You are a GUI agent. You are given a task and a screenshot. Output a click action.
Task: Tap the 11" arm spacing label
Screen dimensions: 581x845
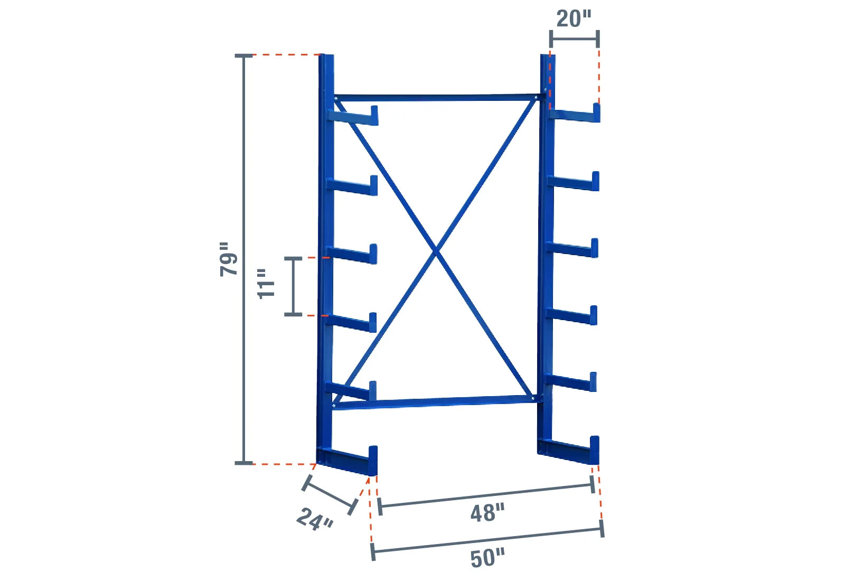tap(267, 284)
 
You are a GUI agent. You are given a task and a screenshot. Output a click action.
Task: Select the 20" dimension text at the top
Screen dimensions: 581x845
tap(574, 19)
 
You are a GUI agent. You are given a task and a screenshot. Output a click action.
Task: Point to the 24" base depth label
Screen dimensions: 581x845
tap(315, 519)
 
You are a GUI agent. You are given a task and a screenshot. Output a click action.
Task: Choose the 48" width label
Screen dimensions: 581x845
tap(487, 513)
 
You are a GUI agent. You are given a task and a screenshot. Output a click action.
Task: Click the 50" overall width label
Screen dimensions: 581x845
tap(487, 558)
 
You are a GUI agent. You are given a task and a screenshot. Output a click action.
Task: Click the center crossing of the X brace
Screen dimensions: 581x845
tap(436, 251)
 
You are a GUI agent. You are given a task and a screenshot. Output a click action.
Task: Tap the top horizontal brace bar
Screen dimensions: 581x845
tap(436, 98)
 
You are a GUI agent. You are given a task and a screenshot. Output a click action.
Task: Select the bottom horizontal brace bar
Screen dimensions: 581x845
tap(436, 402)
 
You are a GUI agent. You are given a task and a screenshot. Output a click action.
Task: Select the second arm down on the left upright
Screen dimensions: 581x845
tap(352, 186)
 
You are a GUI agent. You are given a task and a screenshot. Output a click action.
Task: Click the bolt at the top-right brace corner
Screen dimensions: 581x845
tap(537, 97)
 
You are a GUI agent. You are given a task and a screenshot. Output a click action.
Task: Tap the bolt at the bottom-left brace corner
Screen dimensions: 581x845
tap(334, 406)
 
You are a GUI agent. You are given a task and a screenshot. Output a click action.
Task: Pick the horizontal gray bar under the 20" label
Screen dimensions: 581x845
tap(574, 39)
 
